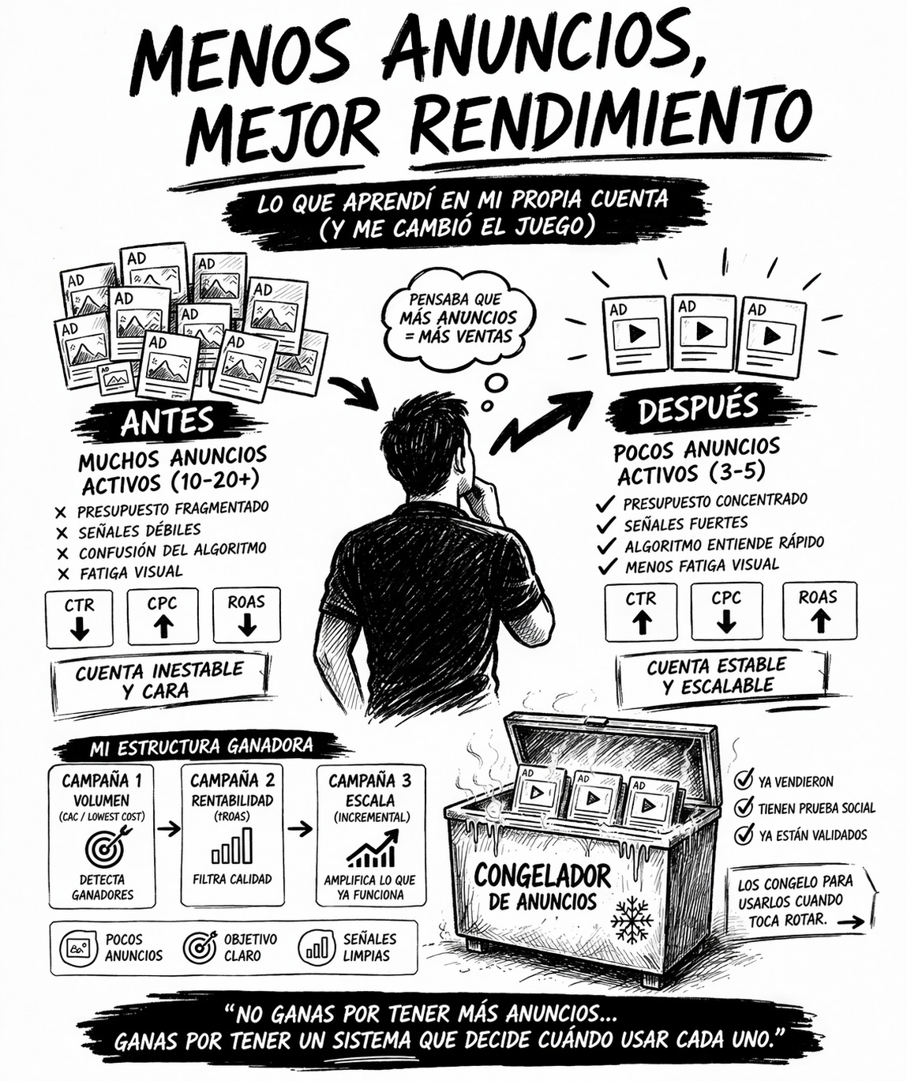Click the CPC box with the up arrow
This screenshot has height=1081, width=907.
pyautogui.click(x=163, y=616)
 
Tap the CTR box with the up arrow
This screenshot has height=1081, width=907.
pyautogui.click(x=641, y=612)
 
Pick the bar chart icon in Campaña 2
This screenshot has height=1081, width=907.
pyautogui.click(x=232, y=846)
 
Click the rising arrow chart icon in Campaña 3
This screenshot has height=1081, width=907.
pyautogui.click(x=370, y=850)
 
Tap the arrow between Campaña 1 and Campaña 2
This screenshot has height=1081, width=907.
pyautogui.click(x=167, y=829)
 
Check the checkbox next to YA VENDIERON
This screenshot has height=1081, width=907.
pyautogui.click(x=743, y=780)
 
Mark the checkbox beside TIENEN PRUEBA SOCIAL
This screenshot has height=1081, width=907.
pyautogui.click(x=743, y=808)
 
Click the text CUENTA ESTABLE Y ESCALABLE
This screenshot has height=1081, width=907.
pyautogui.click(x=717, y=676)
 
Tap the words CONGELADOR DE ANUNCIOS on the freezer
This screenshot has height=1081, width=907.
pyautogui.click(x=542, y=887)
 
